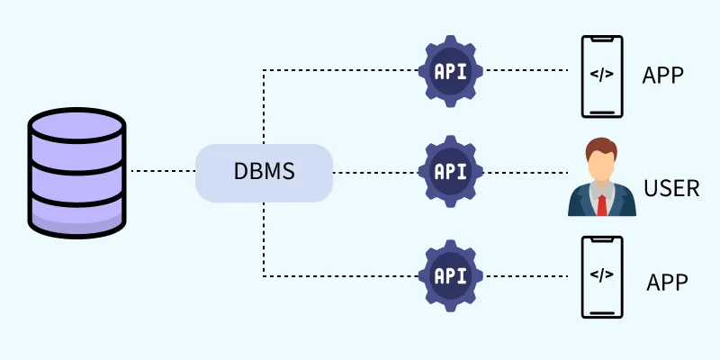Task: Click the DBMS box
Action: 264,172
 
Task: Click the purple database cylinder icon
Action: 77,171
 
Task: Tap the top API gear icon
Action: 450,70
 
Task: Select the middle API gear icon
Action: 450,171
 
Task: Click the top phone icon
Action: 602,76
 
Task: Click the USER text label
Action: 671,188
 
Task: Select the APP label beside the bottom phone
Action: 667,282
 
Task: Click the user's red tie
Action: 601,205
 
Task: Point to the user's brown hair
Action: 601,146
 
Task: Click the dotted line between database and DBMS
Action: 162,171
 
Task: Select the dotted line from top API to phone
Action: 526,70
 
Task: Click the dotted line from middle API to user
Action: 526,171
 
